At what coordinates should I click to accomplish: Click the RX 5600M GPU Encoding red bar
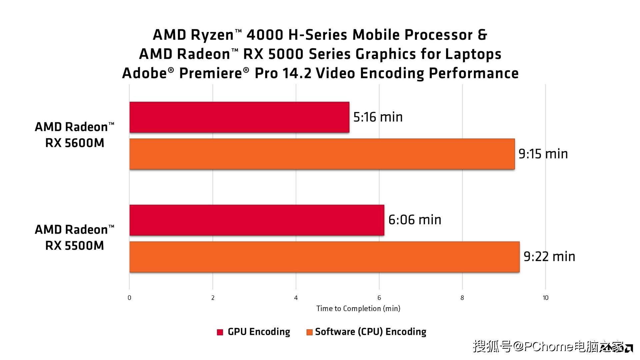(239, 117)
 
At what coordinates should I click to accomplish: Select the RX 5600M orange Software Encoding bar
(322, 154)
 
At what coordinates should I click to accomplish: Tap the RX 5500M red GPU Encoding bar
(257, 220)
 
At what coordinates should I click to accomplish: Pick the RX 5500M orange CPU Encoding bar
(324, 257)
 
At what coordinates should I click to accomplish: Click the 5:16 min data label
(378, 117)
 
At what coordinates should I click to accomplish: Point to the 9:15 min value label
(543, 154)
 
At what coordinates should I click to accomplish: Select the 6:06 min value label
(415, 220)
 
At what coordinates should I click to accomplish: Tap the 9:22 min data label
(549, 257)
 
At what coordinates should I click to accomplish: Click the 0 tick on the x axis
(129, 298)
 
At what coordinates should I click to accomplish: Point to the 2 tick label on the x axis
(213, 298)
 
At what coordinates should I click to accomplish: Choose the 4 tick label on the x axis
(296, 298)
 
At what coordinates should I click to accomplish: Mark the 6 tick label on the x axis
(379, 298)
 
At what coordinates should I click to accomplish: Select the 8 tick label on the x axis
(462, 298)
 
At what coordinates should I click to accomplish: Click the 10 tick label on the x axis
(545, 298)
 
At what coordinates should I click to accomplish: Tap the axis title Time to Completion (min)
(358, 309)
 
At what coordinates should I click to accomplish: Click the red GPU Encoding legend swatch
(220, 332)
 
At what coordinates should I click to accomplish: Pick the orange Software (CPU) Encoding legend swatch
(309, 332)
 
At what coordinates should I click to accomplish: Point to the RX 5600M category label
(75, 135)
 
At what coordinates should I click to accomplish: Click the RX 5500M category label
(75, 238)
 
